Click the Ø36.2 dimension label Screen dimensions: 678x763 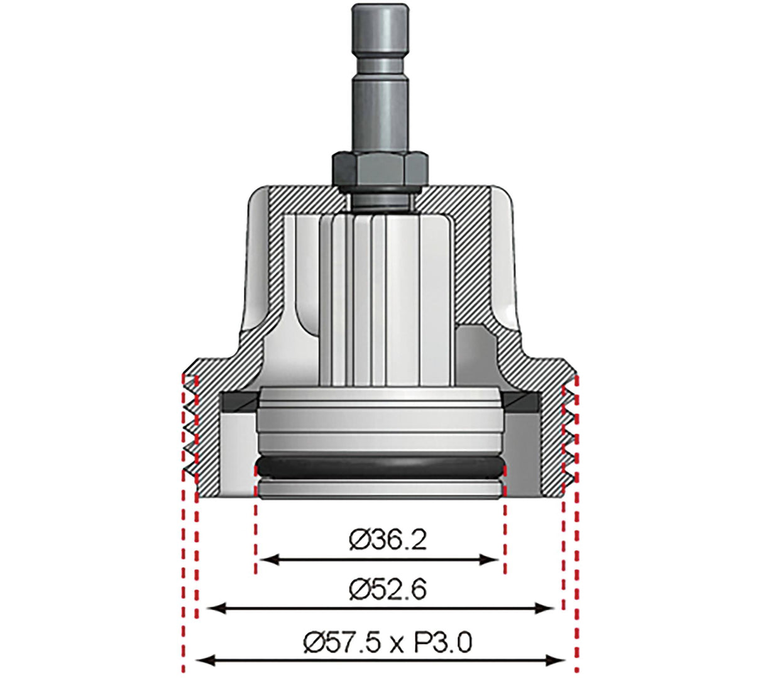point(388,539)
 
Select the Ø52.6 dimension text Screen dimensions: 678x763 point(388,589)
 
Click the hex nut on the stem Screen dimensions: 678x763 point(380,168)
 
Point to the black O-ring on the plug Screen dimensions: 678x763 point(380,468)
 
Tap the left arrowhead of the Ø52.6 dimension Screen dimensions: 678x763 point(215,608)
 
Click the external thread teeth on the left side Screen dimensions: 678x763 point(190,434)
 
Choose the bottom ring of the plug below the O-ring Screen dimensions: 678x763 point(380,489)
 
